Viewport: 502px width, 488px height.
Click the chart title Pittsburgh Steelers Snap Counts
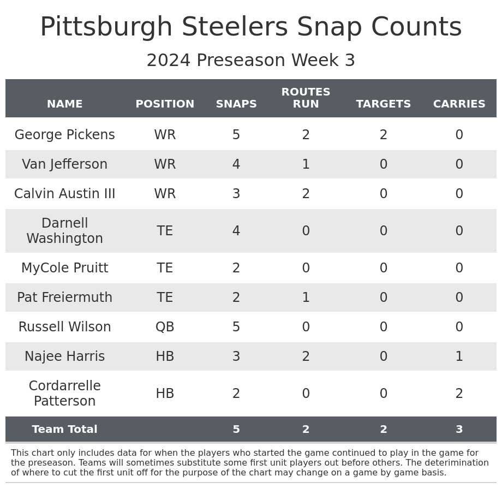[x=251, y=28]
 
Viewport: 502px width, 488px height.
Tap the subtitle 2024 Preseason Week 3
[x=251, y=61]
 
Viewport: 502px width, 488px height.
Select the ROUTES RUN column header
[x=306, y=98]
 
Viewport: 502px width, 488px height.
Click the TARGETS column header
[x=384, y=104]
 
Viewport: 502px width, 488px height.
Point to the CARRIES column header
[x=459, y=104]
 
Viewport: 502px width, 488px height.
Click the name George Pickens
[x=64, y=135]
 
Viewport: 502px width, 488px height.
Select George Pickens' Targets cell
[x=384, y=135]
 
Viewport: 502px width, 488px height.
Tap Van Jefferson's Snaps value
[x=236, y=165]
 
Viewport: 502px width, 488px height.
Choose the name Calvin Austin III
[x=64, y=194]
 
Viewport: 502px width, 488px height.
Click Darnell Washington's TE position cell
[x=165, y=231]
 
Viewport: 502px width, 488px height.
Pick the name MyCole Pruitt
[x=64, y=269]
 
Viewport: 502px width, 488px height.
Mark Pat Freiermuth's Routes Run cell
[x=306, y=298]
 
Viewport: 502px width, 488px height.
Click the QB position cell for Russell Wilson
[x=165, y=328]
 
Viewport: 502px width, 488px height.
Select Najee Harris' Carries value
[x=459, y=357]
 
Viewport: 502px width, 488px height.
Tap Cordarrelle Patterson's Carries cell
[x=459, y=394]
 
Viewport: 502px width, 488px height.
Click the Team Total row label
[x=64, y=430]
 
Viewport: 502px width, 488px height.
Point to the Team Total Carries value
[x=459, y=430]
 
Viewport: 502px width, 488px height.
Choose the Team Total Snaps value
[x=236, y=430]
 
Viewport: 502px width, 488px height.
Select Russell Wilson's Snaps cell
[x=236, y=328]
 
